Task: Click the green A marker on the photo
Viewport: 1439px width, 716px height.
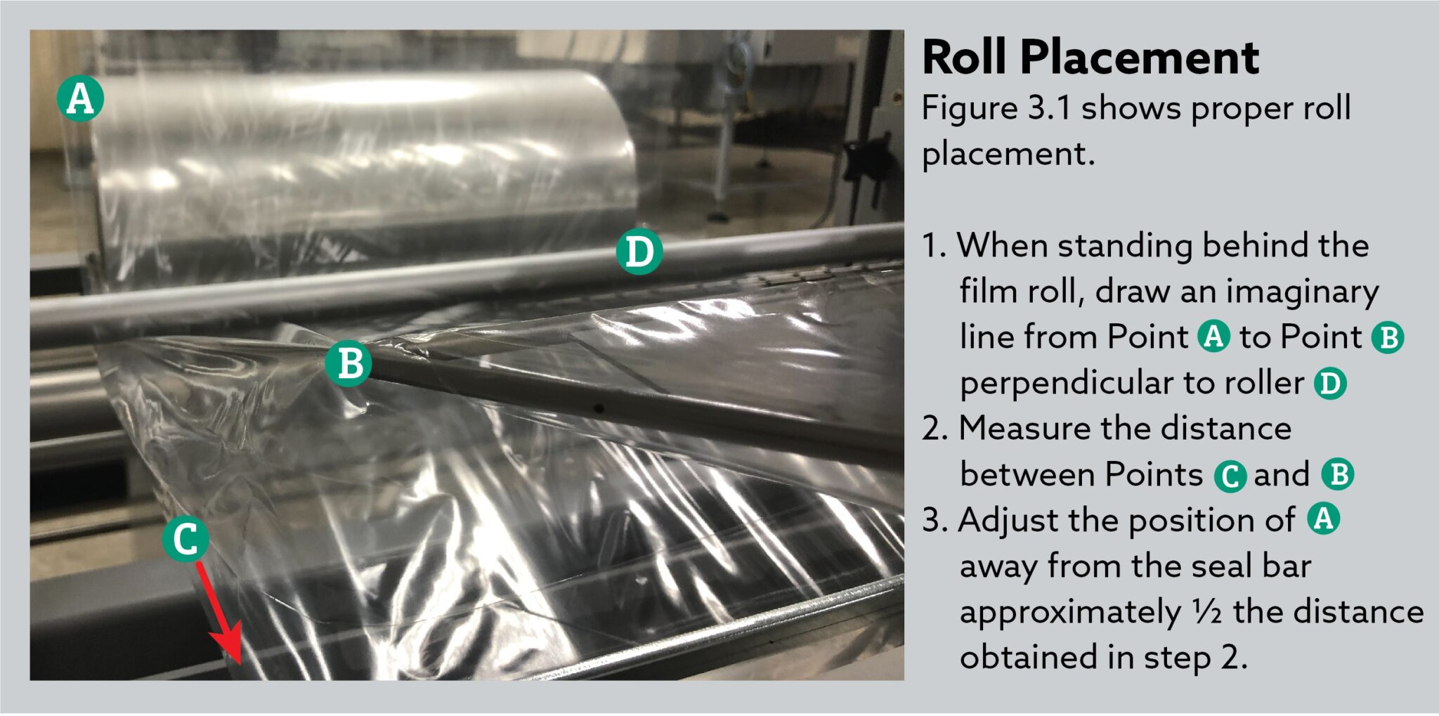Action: coord(80,98)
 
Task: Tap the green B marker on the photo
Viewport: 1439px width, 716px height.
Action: coord(349,363)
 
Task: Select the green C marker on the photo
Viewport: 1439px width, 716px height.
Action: coord(185,539)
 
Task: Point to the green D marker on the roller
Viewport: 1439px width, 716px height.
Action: coord(639,251)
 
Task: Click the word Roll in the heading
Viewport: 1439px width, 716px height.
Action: coord(964,58)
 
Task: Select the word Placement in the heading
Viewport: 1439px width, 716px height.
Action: coord(1139,58)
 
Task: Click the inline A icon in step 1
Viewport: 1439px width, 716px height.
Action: coord(1213,336)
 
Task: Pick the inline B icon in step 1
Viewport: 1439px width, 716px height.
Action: coord(1388,337)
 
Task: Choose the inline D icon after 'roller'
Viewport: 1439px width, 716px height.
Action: coord(1330,383)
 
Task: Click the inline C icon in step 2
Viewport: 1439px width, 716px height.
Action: coord(1230,476)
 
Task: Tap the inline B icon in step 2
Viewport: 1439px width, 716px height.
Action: coord(1337,474)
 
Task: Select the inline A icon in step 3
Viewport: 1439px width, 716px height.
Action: coord(1323,519)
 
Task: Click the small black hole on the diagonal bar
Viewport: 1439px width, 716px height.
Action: coord(599,408)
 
